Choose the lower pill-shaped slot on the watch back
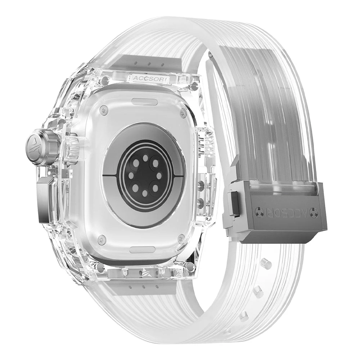(x=143, y=249)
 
